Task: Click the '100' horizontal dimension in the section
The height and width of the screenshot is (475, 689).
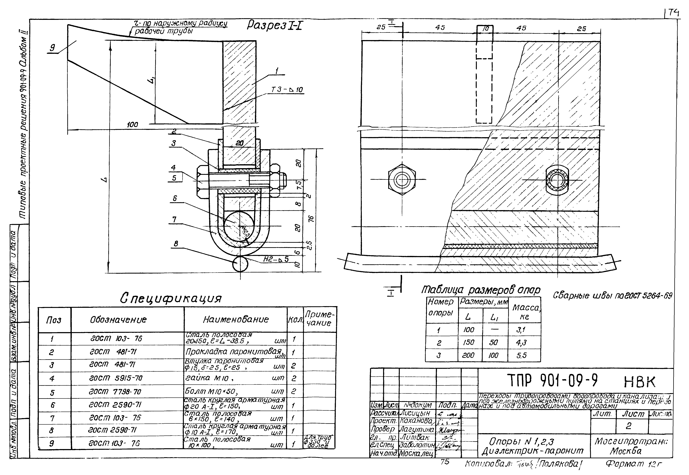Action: click(132, 125)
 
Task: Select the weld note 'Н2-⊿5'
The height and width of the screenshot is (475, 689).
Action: click(276, 259)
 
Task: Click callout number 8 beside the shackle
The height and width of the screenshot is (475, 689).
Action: click(176, 244)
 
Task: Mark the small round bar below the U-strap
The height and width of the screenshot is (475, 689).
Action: click(240, 264)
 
